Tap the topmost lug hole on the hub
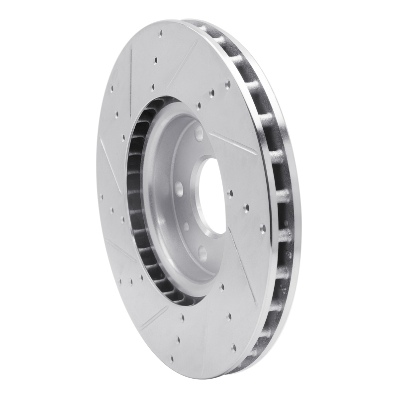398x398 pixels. coord(199,133)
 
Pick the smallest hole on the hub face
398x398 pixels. coord(186,226)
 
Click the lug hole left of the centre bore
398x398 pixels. coord(179,189)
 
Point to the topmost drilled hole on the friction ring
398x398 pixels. coord(160,34)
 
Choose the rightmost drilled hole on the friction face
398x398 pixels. coord(263,228)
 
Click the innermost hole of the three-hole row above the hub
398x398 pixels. coord(199,105)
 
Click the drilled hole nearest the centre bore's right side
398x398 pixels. coord(230,194)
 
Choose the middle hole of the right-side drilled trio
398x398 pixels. coord(246,208)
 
